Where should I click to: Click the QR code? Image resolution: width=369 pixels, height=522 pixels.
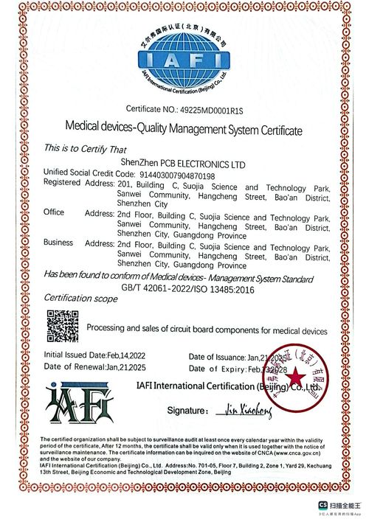pyautogui.click(x=62, y=325)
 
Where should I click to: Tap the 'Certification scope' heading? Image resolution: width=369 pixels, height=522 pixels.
pyautogui.click(x=81, y=298)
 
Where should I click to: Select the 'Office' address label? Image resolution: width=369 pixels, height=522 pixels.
pyautogui.click(x=54, y=212)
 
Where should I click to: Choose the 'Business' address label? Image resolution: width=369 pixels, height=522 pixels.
pyautogui.click(x=58, y=243)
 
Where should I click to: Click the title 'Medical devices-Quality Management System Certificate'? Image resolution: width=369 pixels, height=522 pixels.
pyautogui.click(x=184, y=130)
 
